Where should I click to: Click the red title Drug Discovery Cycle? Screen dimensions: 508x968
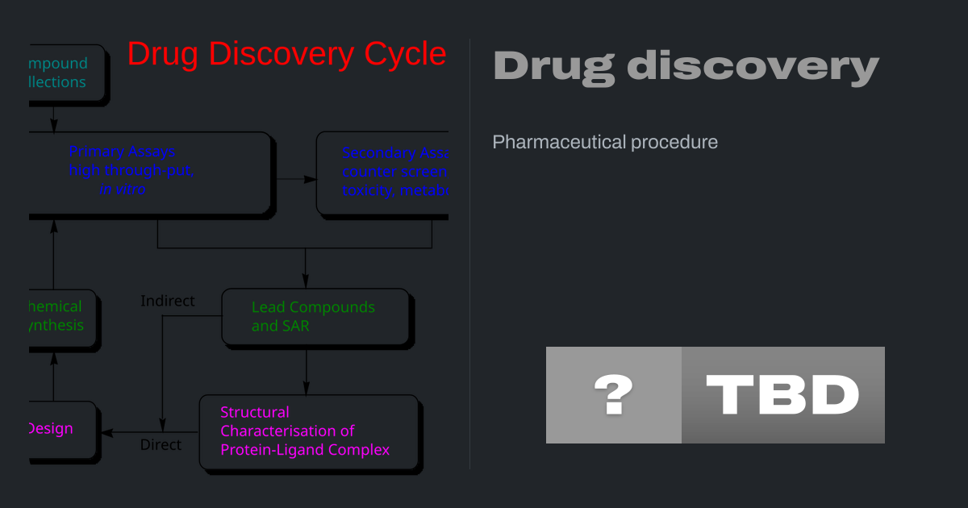pyautogui.click(x=286, y=54)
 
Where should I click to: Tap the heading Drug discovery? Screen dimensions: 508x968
pyautogui.click(x=685, y=66)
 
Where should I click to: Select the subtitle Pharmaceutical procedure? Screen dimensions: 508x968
pyautogui.click(x=605, y=142)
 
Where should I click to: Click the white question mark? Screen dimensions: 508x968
pyautogui.click(x=613, y=395)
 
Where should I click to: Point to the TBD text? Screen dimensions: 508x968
pyautogui.click(x=782, y=395)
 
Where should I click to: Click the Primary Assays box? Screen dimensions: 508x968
pyautogui.click(x=149, y=173)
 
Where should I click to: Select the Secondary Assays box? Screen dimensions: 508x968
pyautogui.click(x=382, y=173)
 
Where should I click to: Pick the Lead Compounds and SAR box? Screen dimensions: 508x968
pyautogui.click(x=315, y=317)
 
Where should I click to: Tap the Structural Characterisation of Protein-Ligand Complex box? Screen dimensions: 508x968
pyautogui.click(x=308, y=431)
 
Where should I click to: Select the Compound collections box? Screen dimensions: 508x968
pyautogui.click(x=65, y=73)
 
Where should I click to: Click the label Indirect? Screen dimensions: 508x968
pyautogui.click(x=168, y=301)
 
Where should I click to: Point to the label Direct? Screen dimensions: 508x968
pyautogui.click(x=161, y=444)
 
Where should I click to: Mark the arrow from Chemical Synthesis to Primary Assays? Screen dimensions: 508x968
pyautogui.click(x=53, y=254)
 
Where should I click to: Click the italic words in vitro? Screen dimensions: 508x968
pyautogui.click(x=123, y=189)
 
